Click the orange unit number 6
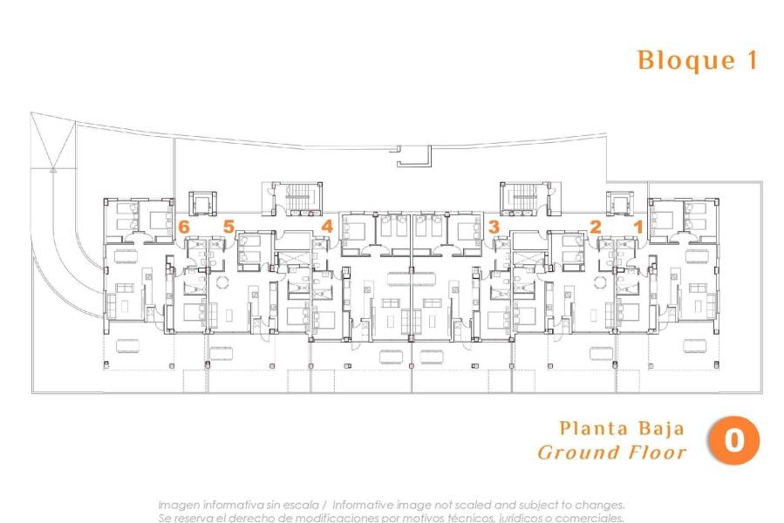183,227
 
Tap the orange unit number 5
228,227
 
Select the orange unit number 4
327,227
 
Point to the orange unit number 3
494,227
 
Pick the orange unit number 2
596,227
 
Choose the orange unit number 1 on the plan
637,227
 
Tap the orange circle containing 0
733,441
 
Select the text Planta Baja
622,429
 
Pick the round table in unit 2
599,281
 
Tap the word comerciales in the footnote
589,518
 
